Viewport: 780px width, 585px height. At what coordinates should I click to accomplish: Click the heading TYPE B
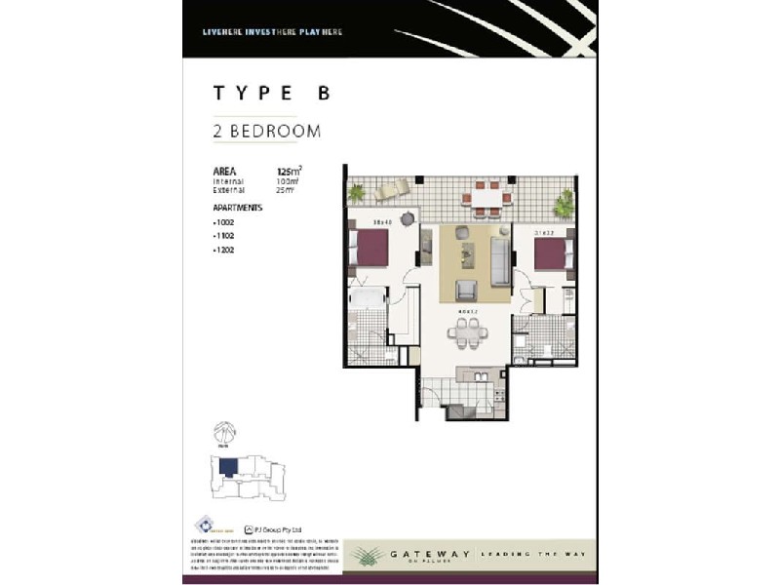pyautogui.click(x=272, y=94)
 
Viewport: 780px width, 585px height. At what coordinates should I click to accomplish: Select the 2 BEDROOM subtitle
pyautogui.click(x=267, y=131)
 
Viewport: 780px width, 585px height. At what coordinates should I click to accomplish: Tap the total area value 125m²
pyautogui.click(x=288, y=171)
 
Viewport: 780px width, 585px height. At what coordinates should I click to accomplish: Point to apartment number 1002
pyautogui.click(x=225, y=222)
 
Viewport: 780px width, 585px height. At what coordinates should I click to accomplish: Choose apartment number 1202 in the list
pyautogui.click(x=225, y=251)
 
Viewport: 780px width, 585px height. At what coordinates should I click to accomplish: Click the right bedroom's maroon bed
pyautogui.click(x=552, y=254)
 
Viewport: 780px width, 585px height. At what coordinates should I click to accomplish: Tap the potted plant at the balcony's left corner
pyautogui.click(x=357, y=193)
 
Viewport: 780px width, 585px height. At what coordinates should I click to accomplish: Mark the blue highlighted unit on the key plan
pyautogui.click(x=228, y=468)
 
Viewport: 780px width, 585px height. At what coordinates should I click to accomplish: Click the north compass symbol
pyautogui.click(x=225, y=430)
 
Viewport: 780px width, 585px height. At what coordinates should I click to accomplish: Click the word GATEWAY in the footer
pyautogui.click(x=429, y=554)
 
